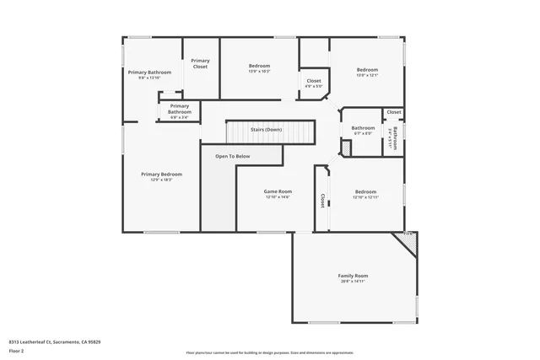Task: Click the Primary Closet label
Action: [x=200, y=62]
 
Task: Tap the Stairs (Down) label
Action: [x=267, y=130]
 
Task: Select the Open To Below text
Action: [x=232, y=156]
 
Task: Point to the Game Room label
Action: [x=278, y=191]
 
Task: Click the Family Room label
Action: [x=353, y=276]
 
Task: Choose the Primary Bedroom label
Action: [x=160, y=174]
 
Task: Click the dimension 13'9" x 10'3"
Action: [x=259, y=71]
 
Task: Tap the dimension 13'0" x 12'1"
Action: [x=367, y=75]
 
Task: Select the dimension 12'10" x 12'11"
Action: [x=365, y=197]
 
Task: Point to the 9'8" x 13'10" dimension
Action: [x=148, y=78]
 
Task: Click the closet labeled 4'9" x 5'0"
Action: [x=314, y=83]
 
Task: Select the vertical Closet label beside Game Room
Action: [x=321, y=201]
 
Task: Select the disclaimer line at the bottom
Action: [x=270, y=352]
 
